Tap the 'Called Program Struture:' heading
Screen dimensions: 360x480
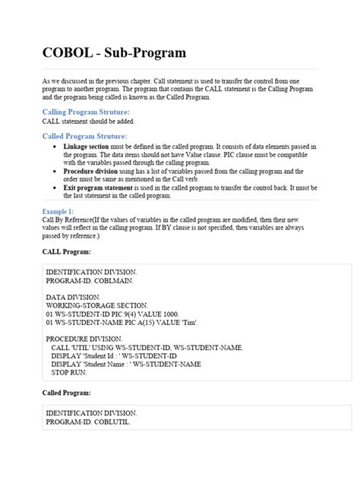[84, 136]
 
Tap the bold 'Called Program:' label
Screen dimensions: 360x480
[68, 393]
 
